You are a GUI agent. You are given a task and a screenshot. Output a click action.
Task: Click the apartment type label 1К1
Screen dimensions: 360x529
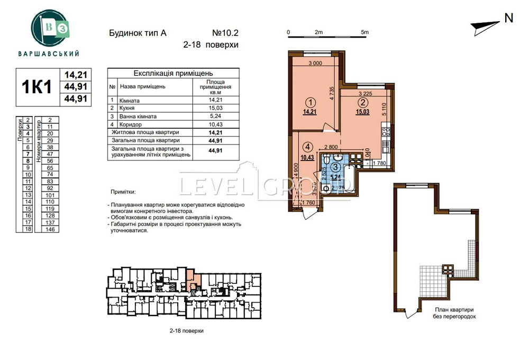[x=37, y=86]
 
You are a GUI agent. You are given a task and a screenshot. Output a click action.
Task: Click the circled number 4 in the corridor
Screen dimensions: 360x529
[x=307, y=148]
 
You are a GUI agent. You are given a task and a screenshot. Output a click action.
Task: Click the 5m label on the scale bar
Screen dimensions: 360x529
[x=364, y=32]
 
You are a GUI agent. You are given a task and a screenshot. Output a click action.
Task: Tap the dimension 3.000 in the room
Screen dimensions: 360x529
[x=315, y=63]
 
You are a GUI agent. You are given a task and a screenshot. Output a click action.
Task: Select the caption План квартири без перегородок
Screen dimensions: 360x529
[x=453, y=313]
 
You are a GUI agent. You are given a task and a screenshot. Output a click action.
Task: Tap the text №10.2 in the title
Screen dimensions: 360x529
[x=224, y=32]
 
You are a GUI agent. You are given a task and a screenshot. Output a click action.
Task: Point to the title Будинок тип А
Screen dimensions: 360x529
[x=137, y=33]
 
